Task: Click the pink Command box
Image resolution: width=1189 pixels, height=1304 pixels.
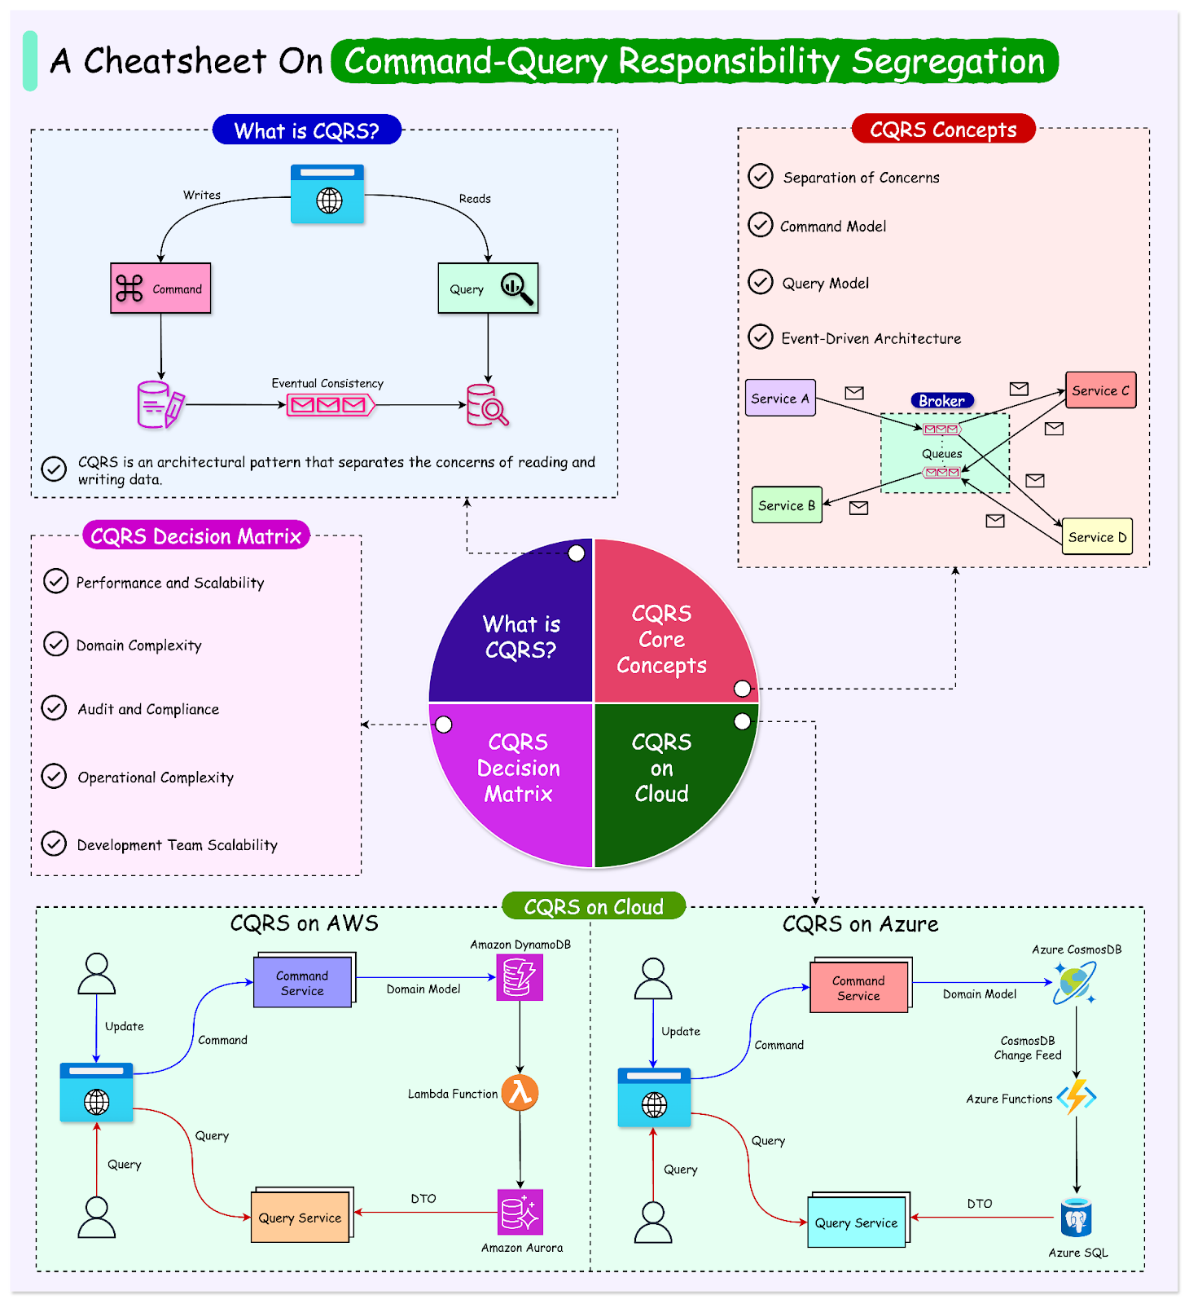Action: (x=160, y=289)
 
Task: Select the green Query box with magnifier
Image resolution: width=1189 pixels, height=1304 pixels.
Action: (x=488, y=289)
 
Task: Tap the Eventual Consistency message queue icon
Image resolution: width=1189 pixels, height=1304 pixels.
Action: (x=330, y=405)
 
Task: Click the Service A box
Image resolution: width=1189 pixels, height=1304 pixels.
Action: (x=780, y=398)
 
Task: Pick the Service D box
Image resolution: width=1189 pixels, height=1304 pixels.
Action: (x=1097, y=537)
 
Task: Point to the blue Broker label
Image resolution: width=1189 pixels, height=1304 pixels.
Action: (x=941, y=400)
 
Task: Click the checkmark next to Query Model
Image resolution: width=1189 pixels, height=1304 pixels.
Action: (x=760, y=282)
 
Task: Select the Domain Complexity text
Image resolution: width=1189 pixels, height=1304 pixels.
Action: (x=138, y=645)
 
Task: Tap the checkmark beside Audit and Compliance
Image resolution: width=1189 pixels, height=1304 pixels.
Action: (x=54, y=708)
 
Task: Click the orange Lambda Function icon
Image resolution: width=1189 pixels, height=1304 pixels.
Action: (x=520, y=1093)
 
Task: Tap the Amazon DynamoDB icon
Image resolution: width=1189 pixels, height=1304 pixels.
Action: (x=520, y=977)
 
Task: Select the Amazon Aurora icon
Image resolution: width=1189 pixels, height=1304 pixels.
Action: (x=520, y=1212)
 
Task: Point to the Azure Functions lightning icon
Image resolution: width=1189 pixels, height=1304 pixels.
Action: (x=1077, y=1097)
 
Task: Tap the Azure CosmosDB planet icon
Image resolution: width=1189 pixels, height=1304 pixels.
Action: (x=1075, y=983)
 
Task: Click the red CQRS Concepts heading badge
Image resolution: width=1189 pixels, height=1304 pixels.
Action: (x=943, y=130)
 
